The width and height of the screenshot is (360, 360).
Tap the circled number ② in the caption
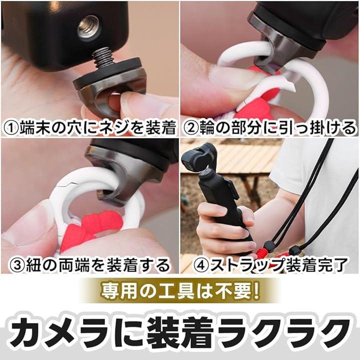tap(191, 128)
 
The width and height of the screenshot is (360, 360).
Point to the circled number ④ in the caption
tap(200, 265)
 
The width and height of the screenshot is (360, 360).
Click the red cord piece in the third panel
tap(92, 228)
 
